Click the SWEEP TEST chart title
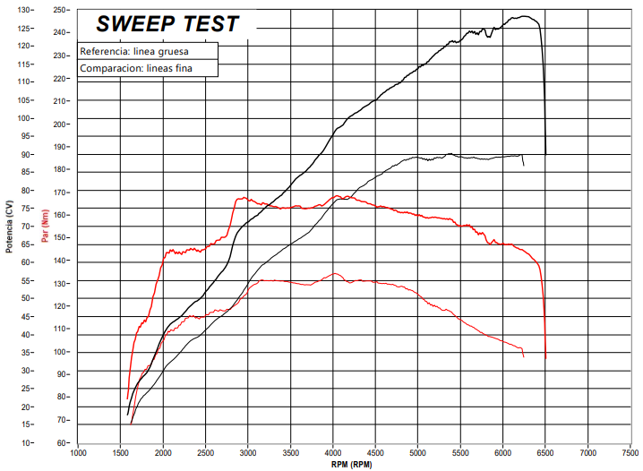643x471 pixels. pyautogui.click(x=167, y=24)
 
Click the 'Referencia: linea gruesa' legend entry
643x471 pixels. pyautogui.click(x=133, y=51)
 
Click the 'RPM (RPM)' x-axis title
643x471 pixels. pyautogui.click(x=350, y=464)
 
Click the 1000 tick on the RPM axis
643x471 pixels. pyautogui.click(x=78, y=453)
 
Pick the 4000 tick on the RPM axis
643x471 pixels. pyautogui.click(x=333, y=453)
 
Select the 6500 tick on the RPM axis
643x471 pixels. pyautogui.click(x=545, y=453)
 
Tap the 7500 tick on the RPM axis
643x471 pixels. pyautogui.click(x=630, y=453)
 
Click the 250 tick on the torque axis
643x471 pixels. pyautogui.click(x=61, y=10)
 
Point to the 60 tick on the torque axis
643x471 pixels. pyautogui.click(x=63, y=443)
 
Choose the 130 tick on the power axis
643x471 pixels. pyautogui.click(x=24, y=10)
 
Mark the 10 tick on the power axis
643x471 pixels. pyautogui.click(x=26, y=443)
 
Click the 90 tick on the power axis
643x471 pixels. pyautogui.click(x=26, y=154)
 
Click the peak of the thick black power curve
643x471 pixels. pyautogui.click(x=526, y=16)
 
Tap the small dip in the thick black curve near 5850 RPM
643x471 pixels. pyautogui.click(x=489, y=36)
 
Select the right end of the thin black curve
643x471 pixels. pyautogui.click(x=524, y=165)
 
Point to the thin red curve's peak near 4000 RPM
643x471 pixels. pyautogui.click(x=335, y=274)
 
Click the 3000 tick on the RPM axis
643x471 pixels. pyautogui.click(x=248, y=453)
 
